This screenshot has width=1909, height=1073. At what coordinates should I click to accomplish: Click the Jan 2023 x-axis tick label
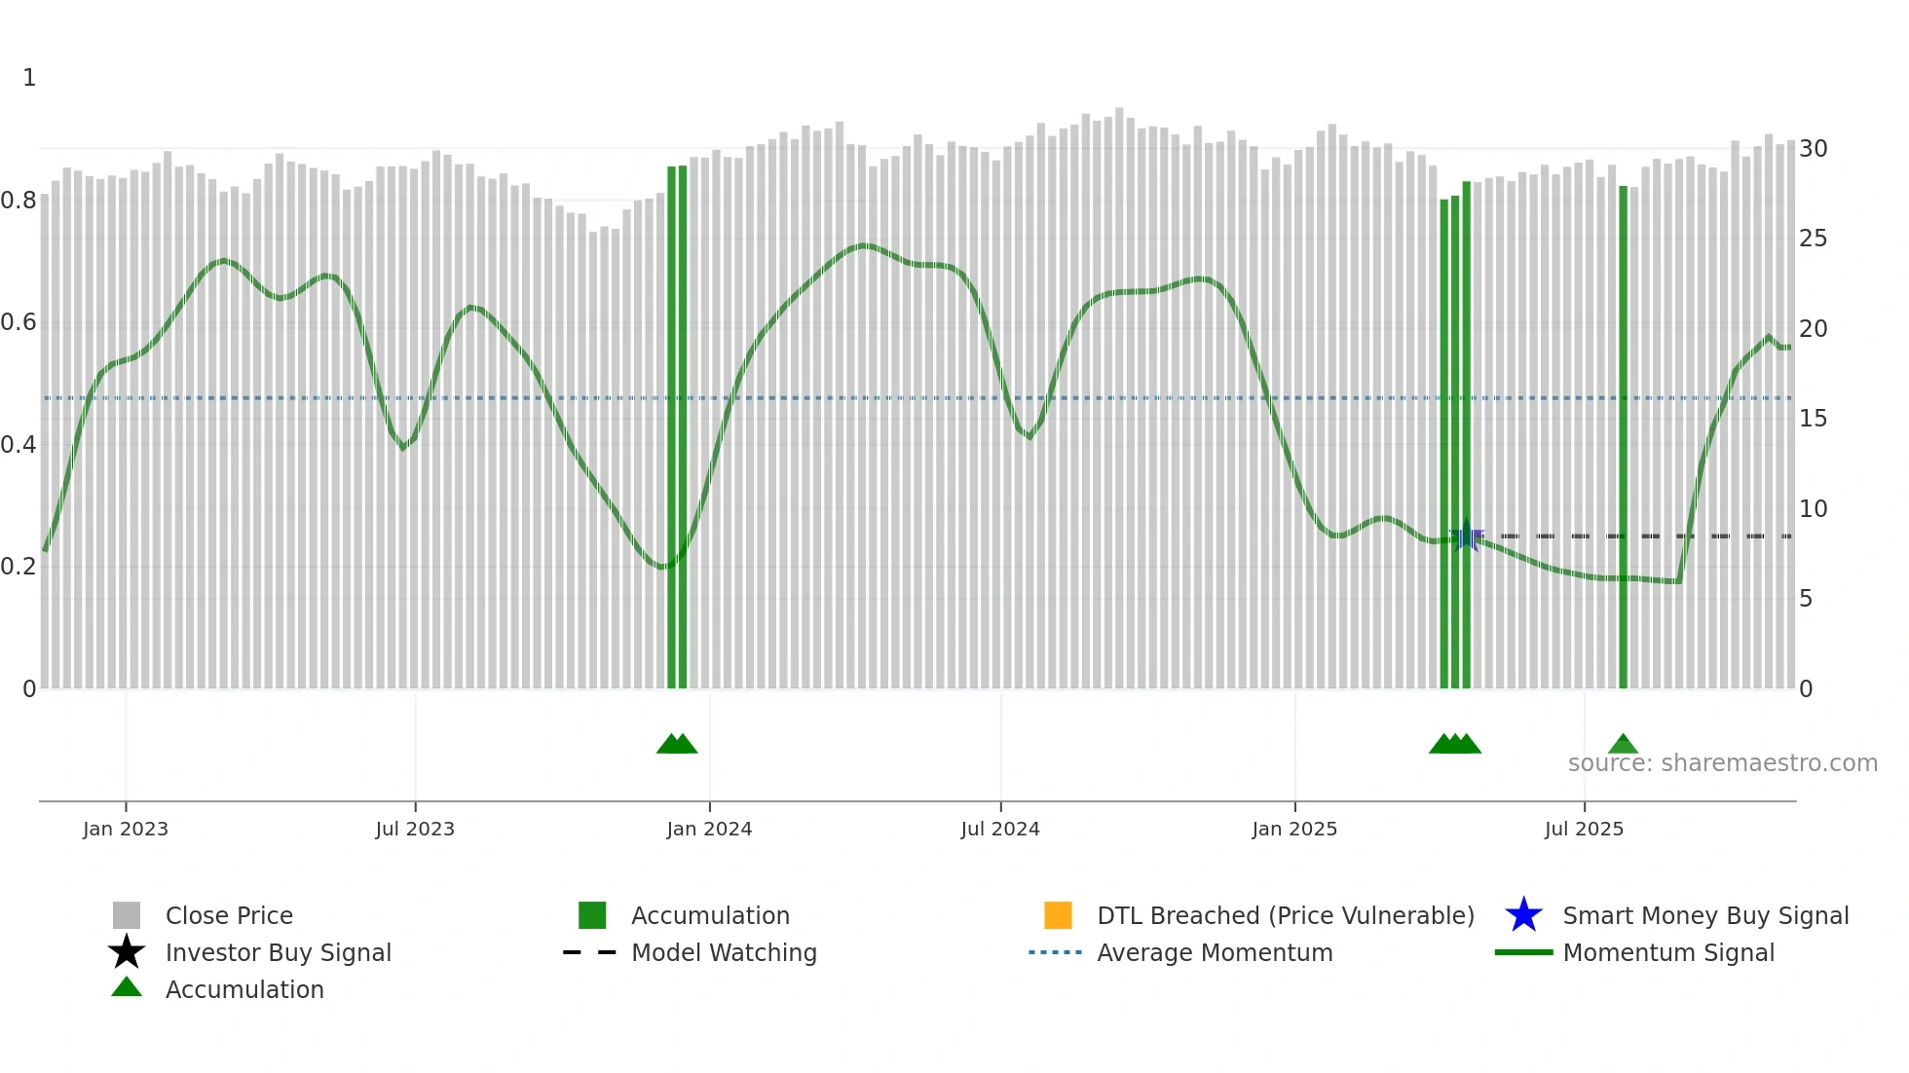[126, 829]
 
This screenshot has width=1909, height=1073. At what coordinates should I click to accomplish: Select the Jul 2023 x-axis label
[415, 829]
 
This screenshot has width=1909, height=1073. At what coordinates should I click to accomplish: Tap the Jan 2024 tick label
[709, 829]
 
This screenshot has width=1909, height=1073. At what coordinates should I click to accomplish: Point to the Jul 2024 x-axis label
[1000, 829]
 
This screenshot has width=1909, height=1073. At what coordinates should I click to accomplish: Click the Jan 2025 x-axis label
[1294, 829]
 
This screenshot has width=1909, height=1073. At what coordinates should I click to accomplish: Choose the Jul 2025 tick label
[1584, 829]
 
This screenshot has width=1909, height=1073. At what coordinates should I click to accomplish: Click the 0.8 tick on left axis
[19, 201]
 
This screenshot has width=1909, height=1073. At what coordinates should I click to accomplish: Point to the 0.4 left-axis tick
[19, 445]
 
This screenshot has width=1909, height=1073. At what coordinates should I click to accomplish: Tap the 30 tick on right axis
[1813, 149]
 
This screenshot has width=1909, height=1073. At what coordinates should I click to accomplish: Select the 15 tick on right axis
[1813, 419]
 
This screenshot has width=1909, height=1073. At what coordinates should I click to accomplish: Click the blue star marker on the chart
[1467, 536]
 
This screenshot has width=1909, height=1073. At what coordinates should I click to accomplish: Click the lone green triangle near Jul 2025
[1623, 745]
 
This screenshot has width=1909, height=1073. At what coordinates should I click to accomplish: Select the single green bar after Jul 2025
[1623, 438]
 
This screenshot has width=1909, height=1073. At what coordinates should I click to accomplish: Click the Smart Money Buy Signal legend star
[1523, 915]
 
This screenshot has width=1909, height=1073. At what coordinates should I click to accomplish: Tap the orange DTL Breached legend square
[1058, 915]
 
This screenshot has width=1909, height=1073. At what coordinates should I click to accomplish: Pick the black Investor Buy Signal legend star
[127, 952]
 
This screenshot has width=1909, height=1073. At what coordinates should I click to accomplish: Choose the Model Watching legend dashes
[589, 952]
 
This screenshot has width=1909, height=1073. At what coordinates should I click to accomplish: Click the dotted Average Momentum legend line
[1055, 952]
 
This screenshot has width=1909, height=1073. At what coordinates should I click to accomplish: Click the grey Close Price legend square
[127, 915]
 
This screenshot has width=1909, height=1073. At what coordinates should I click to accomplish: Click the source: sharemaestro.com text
[1722, 763]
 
